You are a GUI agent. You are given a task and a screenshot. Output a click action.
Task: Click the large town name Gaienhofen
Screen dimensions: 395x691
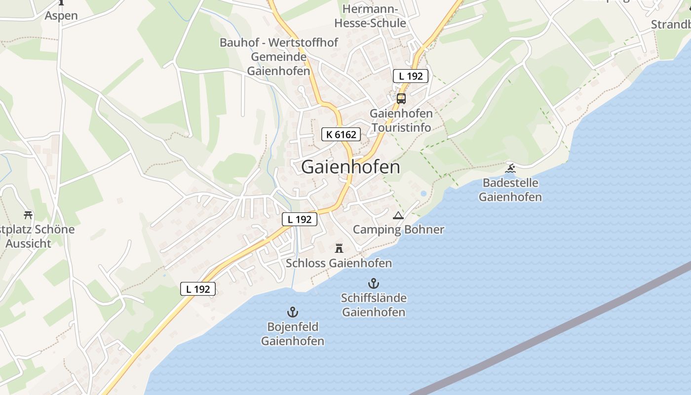pyautogui.click(x=350, y=167)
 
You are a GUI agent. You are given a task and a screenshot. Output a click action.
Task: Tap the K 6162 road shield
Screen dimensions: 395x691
pyautogui.click(x=341, y=134)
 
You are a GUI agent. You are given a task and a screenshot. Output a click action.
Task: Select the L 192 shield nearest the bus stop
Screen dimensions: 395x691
pyautogui.click(x=411, y=76)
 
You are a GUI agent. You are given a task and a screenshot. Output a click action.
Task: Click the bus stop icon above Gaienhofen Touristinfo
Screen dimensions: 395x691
pyautogui.click(x=401, y=98)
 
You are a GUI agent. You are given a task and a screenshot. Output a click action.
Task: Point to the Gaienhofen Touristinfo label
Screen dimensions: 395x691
pyautogui.click(x=401, y=120)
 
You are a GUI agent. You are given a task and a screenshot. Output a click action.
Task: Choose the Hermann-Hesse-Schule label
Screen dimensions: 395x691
pyautogui.click(x=370, y=16)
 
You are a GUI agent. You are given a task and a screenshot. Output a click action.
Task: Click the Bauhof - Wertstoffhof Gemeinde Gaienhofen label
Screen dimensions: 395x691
pyautogui.click(x=279, y=56)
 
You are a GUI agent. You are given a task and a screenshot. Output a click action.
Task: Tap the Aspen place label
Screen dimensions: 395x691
pyautogui.click(x=61, y=15)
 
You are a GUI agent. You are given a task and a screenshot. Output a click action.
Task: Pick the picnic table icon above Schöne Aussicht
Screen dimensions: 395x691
pyautogui.click(x=28, y=215)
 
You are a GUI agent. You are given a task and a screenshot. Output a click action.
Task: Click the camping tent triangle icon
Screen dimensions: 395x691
pyautogui.click(x=398, y=215)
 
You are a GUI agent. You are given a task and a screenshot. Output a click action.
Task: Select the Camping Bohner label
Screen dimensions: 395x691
pyautogui.click(x=398, y=230)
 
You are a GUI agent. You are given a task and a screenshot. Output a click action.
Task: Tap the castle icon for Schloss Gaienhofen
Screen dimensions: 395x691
pyautogui.click(x=339, y=248)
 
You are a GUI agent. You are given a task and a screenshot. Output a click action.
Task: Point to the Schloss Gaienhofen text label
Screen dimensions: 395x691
pyautogui.click(x=339, y=263)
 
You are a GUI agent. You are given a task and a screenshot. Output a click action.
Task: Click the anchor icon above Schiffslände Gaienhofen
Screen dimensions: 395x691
pyautogui.click(x=374, y=283)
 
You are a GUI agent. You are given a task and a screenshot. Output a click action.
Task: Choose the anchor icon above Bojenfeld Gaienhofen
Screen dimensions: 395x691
pyautogui.click(x=293, y=312)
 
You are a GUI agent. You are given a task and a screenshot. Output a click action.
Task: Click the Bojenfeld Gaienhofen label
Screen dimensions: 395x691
pyautogui.click(x=293, y=334)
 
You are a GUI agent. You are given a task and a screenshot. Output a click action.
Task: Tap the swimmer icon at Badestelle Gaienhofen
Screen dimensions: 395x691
pyautogui.click(x=510, y=169)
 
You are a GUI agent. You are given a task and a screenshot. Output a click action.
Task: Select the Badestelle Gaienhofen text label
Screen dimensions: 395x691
pyautogui.click(x=510, y=190)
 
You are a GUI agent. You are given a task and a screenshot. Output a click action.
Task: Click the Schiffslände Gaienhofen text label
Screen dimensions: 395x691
pyautogui.click(x=374, y=305)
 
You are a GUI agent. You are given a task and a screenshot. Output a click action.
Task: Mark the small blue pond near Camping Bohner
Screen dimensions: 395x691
pyautogui.click(x=423, y=193)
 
